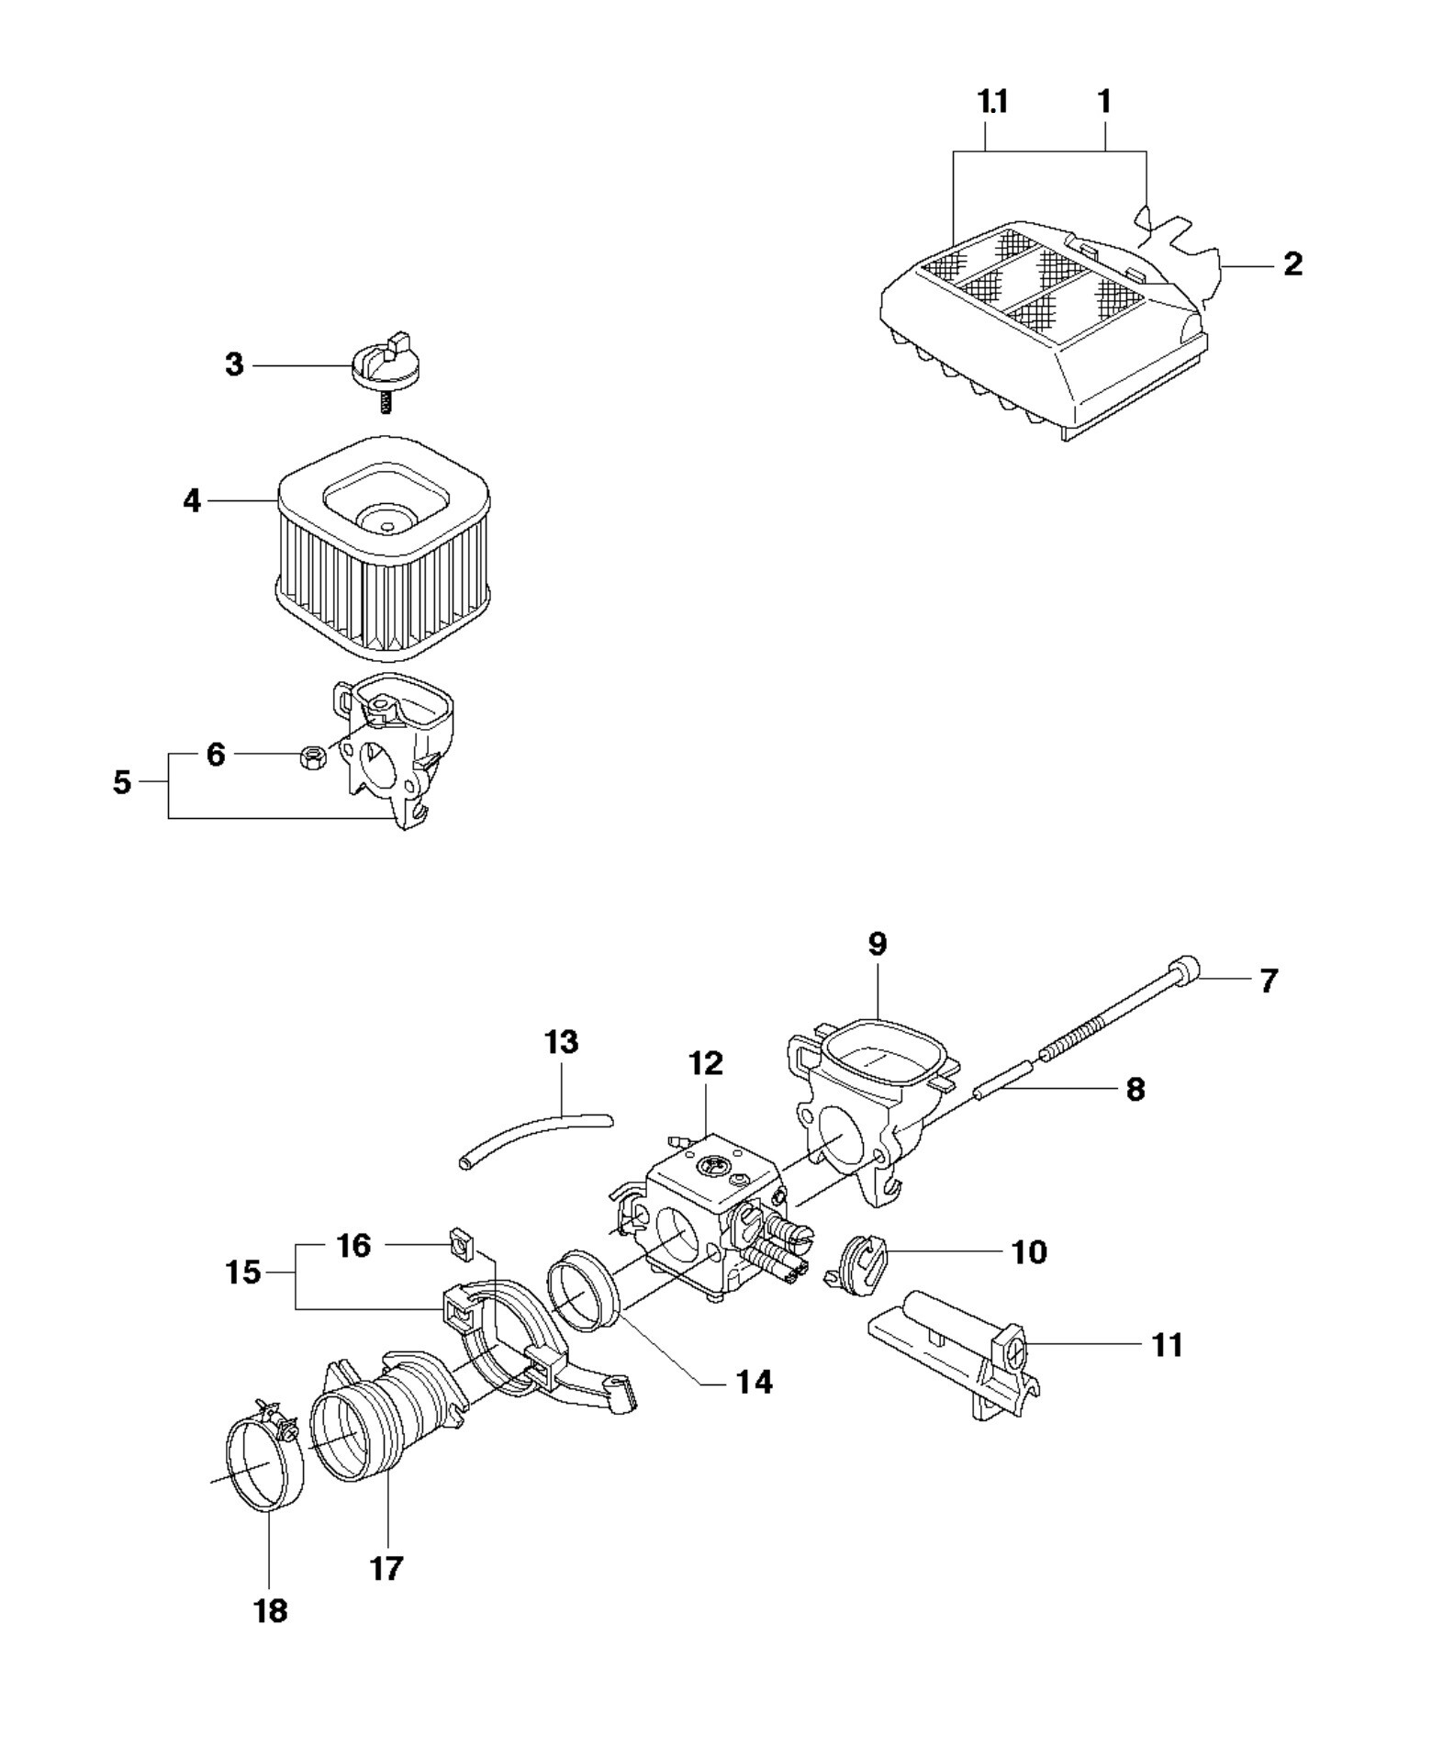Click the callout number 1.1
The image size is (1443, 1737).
tap(993, 102)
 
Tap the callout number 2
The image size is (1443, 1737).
tap(1292, 264)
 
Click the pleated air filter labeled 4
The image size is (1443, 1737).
tap(383, 545)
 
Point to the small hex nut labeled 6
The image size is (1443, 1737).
tap(311, 757)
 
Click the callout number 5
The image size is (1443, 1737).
tap(122, 783)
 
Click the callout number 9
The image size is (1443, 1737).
tap(878, 944)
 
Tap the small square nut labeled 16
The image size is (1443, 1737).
tap(461, 1246)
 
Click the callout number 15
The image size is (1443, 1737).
tap(243, 1272)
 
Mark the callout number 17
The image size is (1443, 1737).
tap(386, 1569)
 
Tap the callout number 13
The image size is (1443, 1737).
tap(561, 1042)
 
